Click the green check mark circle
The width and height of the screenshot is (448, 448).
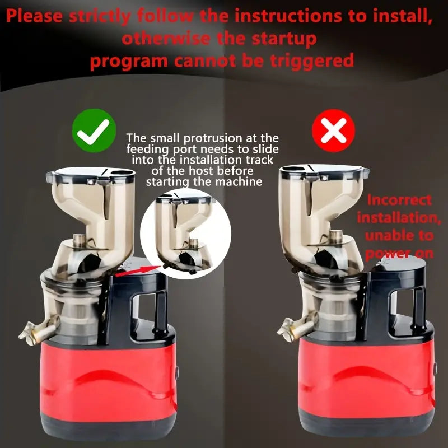(x=94, y=130)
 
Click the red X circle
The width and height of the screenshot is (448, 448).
(x=333, y=130)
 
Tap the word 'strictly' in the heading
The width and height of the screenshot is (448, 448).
(x=100, y=16)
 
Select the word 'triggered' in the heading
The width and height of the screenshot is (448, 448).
(x=312, y=61)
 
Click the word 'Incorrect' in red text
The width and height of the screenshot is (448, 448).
(x=399, y=200)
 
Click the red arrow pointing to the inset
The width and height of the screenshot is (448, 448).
(x=138, y=271)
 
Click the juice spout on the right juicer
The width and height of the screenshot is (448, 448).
(x=297, y=326)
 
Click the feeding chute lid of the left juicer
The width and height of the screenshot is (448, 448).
(x=90, y=174)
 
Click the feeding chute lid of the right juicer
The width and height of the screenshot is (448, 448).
(x=324, y=171)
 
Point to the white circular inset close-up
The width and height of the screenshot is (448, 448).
(x=185, y=234)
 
